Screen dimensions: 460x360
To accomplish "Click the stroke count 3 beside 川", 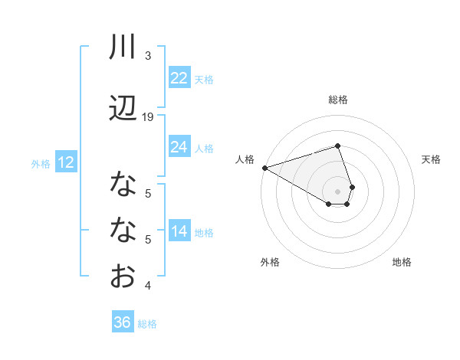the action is click(x=148, y=56).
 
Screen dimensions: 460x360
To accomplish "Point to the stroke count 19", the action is click(x=148, y=116).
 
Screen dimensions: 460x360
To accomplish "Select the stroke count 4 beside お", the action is click(x=148, y=286).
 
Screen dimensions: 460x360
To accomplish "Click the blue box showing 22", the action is click(x=179, y=78).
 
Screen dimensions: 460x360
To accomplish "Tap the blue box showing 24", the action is click(x=179, y=147).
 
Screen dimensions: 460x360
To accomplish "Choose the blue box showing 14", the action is click(x=179, y=231).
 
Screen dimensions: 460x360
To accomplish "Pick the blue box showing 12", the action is click(x=65, y=162).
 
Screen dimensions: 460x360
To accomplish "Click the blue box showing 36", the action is click(x=122, y=322).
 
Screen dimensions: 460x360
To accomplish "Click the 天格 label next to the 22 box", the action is click(x=204, y=79).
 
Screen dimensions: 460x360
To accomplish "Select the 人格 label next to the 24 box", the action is click(x=204, y=148).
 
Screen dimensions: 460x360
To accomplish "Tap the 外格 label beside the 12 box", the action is click(x=40, y=163).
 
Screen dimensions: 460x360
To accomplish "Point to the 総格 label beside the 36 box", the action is click(x=147, y=324).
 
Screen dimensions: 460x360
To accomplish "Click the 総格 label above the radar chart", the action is click(x=338, y=100).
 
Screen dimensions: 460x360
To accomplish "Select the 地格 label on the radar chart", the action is click(x=402, y=262).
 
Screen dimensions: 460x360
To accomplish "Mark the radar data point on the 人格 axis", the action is click(x=264, y=168).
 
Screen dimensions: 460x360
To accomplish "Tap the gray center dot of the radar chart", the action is click(x=338, y=190).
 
